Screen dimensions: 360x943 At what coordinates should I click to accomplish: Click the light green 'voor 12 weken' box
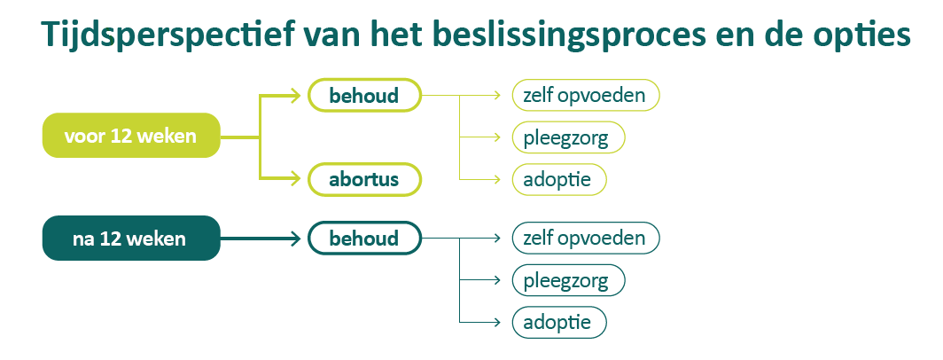[130, 136]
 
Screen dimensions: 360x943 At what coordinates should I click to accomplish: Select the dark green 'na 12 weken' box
[130, 238]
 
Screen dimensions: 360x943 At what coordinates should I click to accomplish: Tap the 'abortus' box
[363, 179]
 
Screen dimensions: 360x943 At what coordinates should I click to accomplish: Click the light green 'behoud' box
[363, 95]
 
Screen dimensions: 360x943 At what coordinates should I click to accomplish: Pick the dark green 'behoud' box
[363, 238]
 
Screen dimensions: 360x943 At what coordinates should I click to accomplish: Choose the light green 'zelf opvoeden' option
[586, 95]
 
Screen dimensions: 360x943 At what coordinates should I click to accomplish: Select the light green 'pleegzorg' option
[568, 137]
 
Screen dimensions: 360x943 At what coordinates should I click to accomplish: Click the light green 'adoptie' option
[559, 179]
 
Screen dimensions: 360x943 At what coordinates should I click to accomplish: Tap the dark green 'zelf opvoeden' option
[586, 238]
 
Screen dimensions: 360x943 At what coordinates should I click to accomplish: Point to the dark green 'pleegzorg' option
[568, 280]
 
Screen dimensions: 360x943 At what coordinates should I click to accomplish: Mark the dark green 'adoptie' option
[559, 321]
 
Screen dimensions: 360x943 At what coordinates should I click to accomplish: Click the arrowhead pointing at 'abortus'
[297, 179]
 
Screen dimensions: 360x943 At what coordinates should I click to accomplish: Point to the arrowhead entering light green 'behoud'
[297, 95]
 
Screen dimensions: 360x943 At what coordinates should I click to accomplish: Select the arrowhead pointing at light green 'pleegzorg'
[502, 137]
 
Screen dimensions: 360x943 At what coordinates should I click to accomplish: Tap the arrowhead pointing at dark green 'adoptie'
[502, 321]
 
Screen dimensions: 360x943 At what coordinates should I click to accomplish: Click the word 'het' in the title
[395, 35]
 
